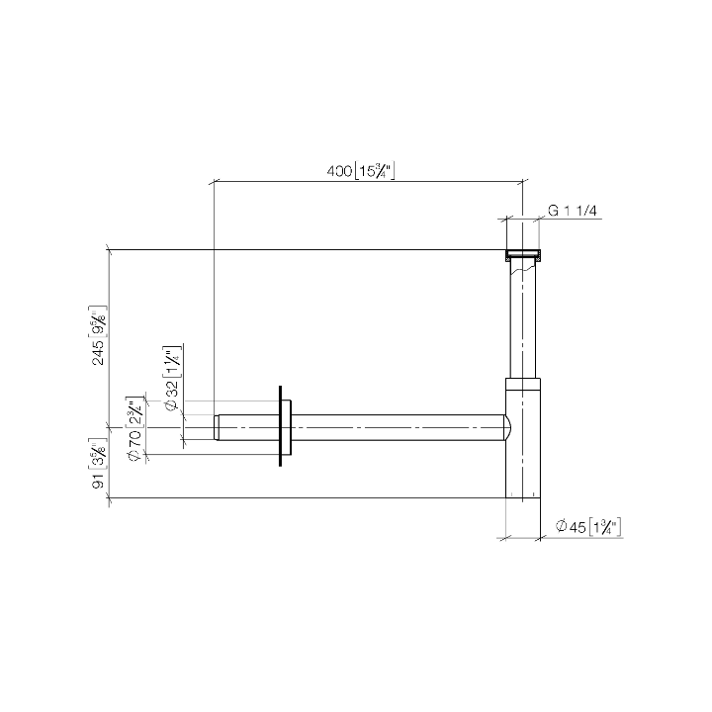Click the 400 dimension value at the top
[339, 172]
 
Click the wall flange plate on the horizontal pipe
[287, 427]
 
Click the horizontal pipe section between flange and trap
[396, 427]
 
